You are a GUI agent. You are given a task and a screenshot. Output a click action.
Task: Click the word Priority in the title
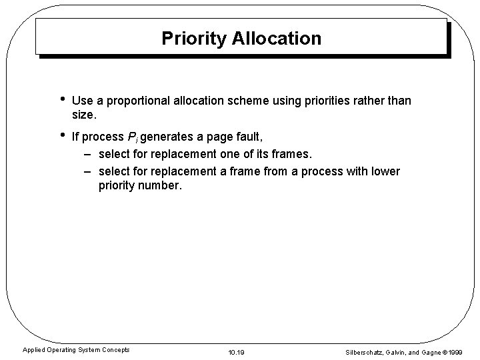click(194, 39)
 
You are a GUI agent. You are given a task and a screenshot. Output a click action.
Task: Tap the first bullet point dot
click(61, 99)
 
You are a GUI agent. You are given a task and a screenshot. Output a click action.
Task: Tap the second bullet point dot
click(61, 136)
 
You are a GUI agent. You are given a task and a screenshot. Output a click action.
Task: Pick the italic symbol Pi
click(131, 138)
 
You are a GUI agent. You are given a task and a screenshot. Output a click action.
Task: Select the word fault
click(249, 137)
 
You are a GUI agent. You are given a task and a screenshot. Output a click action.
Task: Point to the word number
click(159, 186)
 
